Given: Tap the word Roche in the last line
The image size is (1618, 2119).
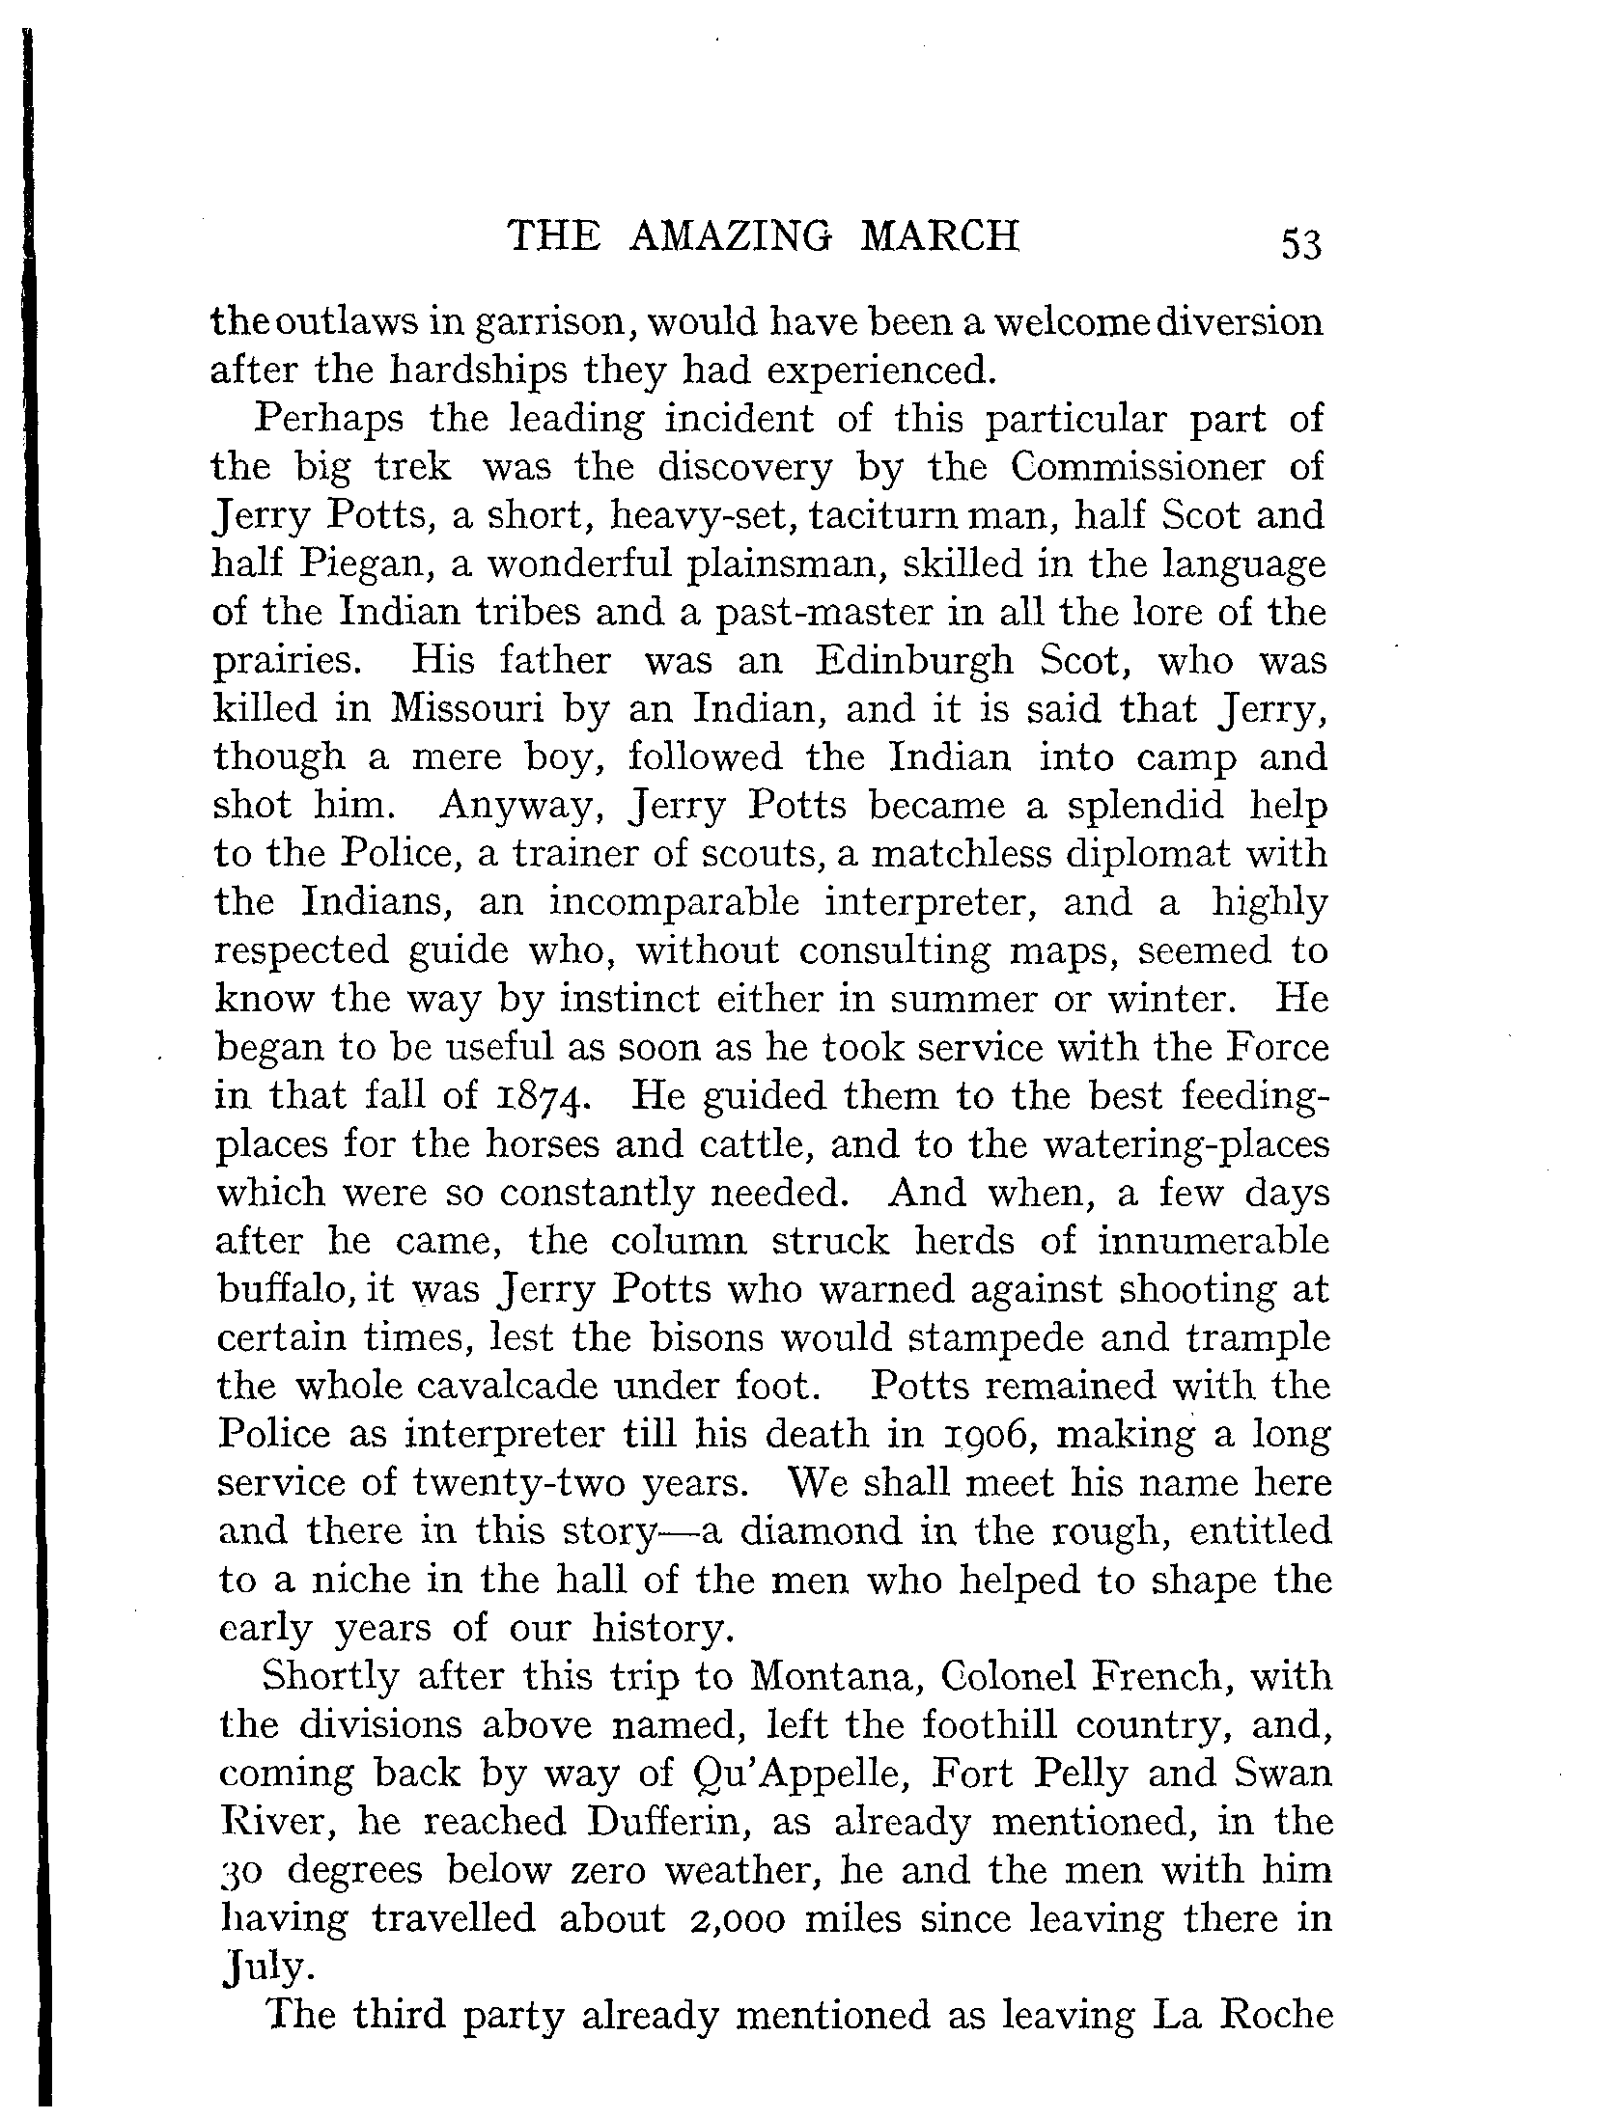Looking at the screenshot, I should (1277, 2015).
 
